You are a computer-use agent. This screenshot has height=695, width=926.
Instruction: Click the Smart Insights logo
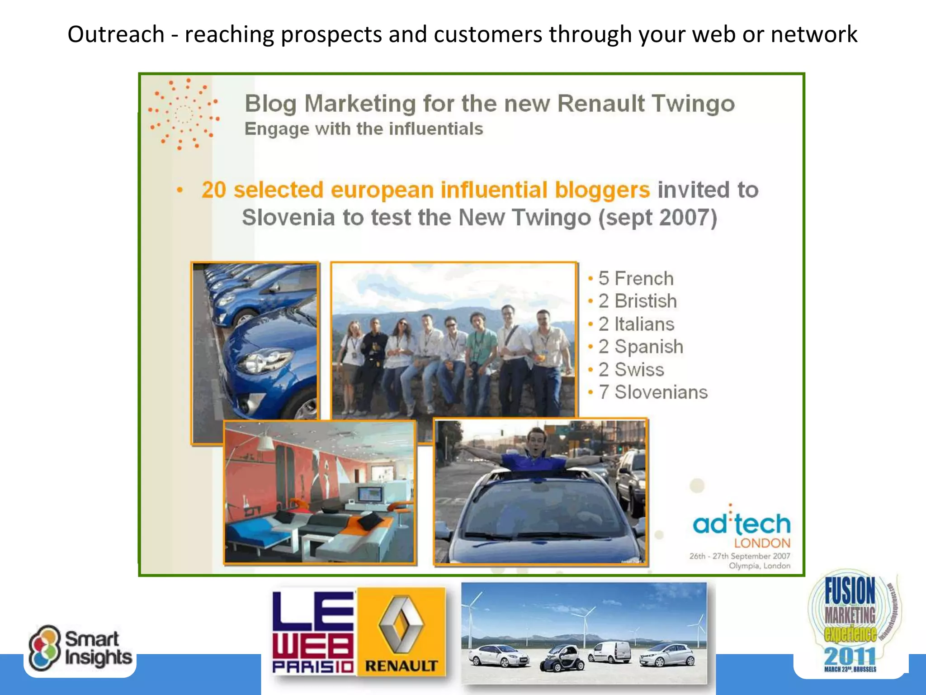coord(80,648)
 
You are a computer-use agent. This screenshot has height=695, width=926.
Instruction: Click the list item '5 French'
coord(636,279)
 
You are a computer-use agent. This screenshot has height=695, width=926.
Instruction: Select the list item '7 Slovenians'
coord(653,392)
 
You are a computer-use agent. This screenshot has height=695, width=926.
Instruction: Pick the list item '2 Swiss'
coord(631,370)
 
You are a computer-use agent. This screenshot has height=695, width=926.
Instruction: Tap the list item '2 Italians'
coord(636,324)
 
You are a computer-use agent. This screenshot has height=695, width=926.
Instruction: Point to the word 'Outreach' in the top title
coord(116,34)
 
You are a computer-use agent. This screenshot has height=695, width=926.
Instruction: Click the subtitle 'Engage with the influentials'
coord(364,129)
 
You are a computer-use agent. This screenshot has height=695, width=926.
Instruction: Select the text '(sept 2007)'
coord(658,218)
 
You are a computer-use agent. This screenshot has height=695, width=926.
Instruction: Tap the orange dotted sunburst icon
coord(184,114)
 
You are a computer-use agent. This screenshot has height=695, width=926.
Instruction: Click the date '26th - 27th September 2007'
coord(740,556)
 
